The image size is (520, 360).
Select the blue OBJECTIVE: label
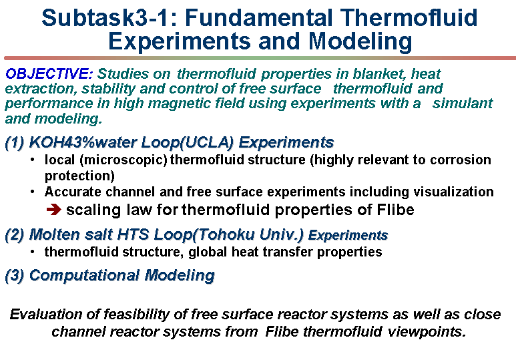49,73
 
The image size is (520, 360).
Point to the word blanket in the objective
379,73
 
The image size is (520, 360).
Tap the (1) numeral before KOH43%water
15,143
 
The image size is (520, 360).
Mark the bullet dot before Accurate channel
32,192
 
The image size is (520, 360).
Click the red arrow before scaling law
53,210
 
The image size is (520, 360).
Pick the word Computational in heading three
85,275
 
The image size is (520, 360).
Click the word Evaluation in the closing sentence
46,314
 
